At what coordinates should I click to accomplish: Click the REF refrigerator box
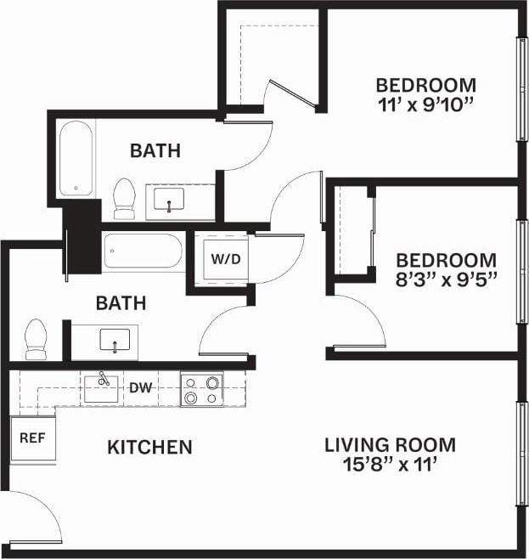pos(32,439)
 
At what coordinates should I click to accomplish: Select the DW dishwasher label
pos(140,388)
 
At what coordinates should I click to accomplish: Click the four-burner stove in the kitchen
pos(201,390)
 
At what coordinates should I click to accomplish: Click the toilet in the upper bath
pos(125,197)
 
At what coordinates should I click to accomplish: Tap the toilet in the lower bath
pos(36,338)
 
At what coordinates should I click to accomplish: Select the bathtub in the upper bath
pos(76,160)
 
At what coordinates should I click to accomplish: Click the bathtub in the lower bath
pos(143,252)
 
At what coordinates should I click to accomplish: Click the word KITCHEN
pos(149,447)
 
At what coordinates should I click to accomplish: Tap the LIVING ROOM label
pos(390,444)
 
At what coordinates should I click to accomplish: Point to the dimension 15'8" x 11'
pos(390,465)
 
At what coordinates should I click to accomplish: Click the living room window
pos(521,455)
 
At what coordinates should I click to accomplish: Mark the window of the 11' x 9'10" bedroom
pos(521,88)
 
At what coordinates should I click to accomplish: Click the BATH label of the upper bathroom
pos(155,151)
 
